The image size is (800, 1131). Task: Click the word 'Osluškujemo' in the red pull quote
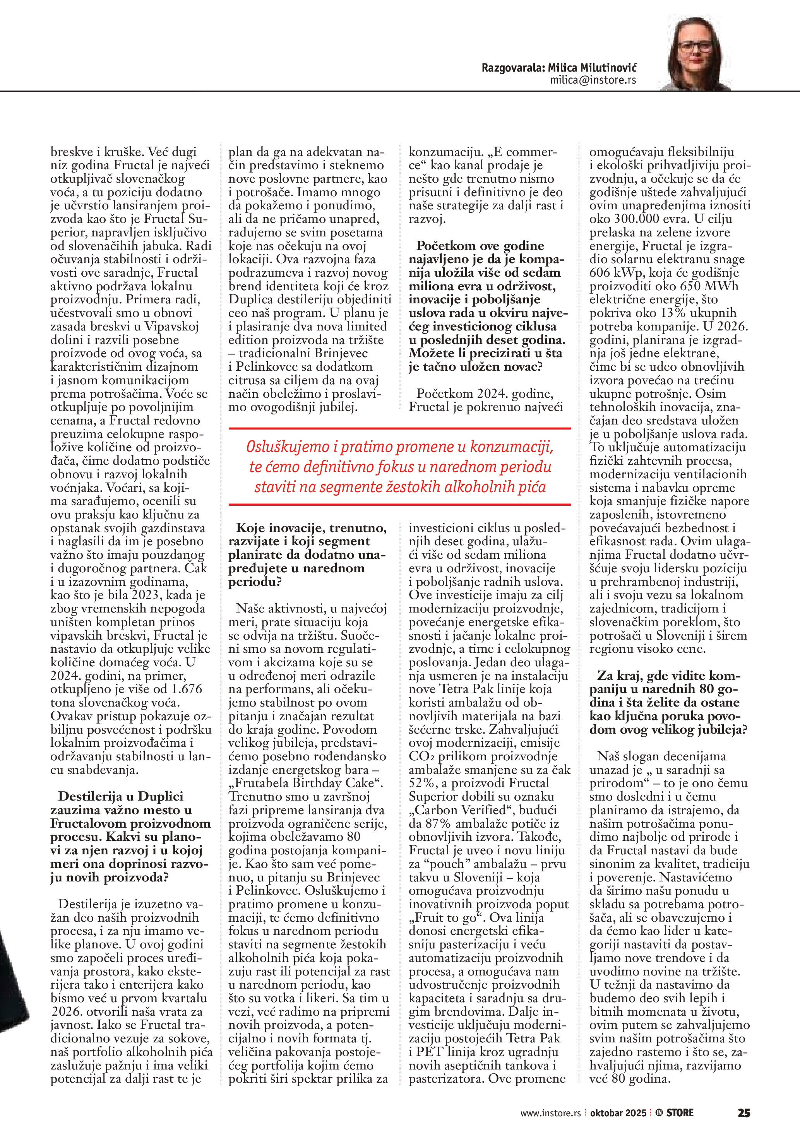pyautogui.click(x=280, y=447)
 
